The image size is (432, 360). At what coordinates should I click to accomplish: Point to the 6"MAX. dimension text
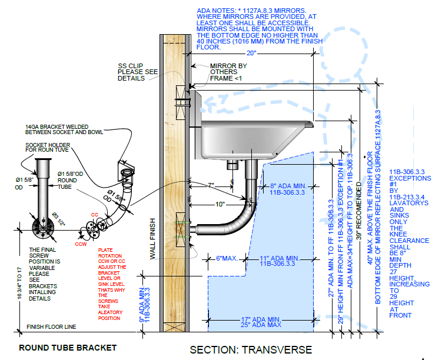pos(226,258)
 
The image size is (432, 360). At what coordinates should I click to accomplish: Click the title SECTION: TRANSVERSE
pos(251,349)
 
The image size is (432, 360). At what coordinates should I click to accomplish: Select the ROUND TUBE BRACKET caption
pos(68,348)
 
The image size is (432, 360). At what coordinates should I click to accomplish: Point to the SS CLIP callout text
pos(138,72)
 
